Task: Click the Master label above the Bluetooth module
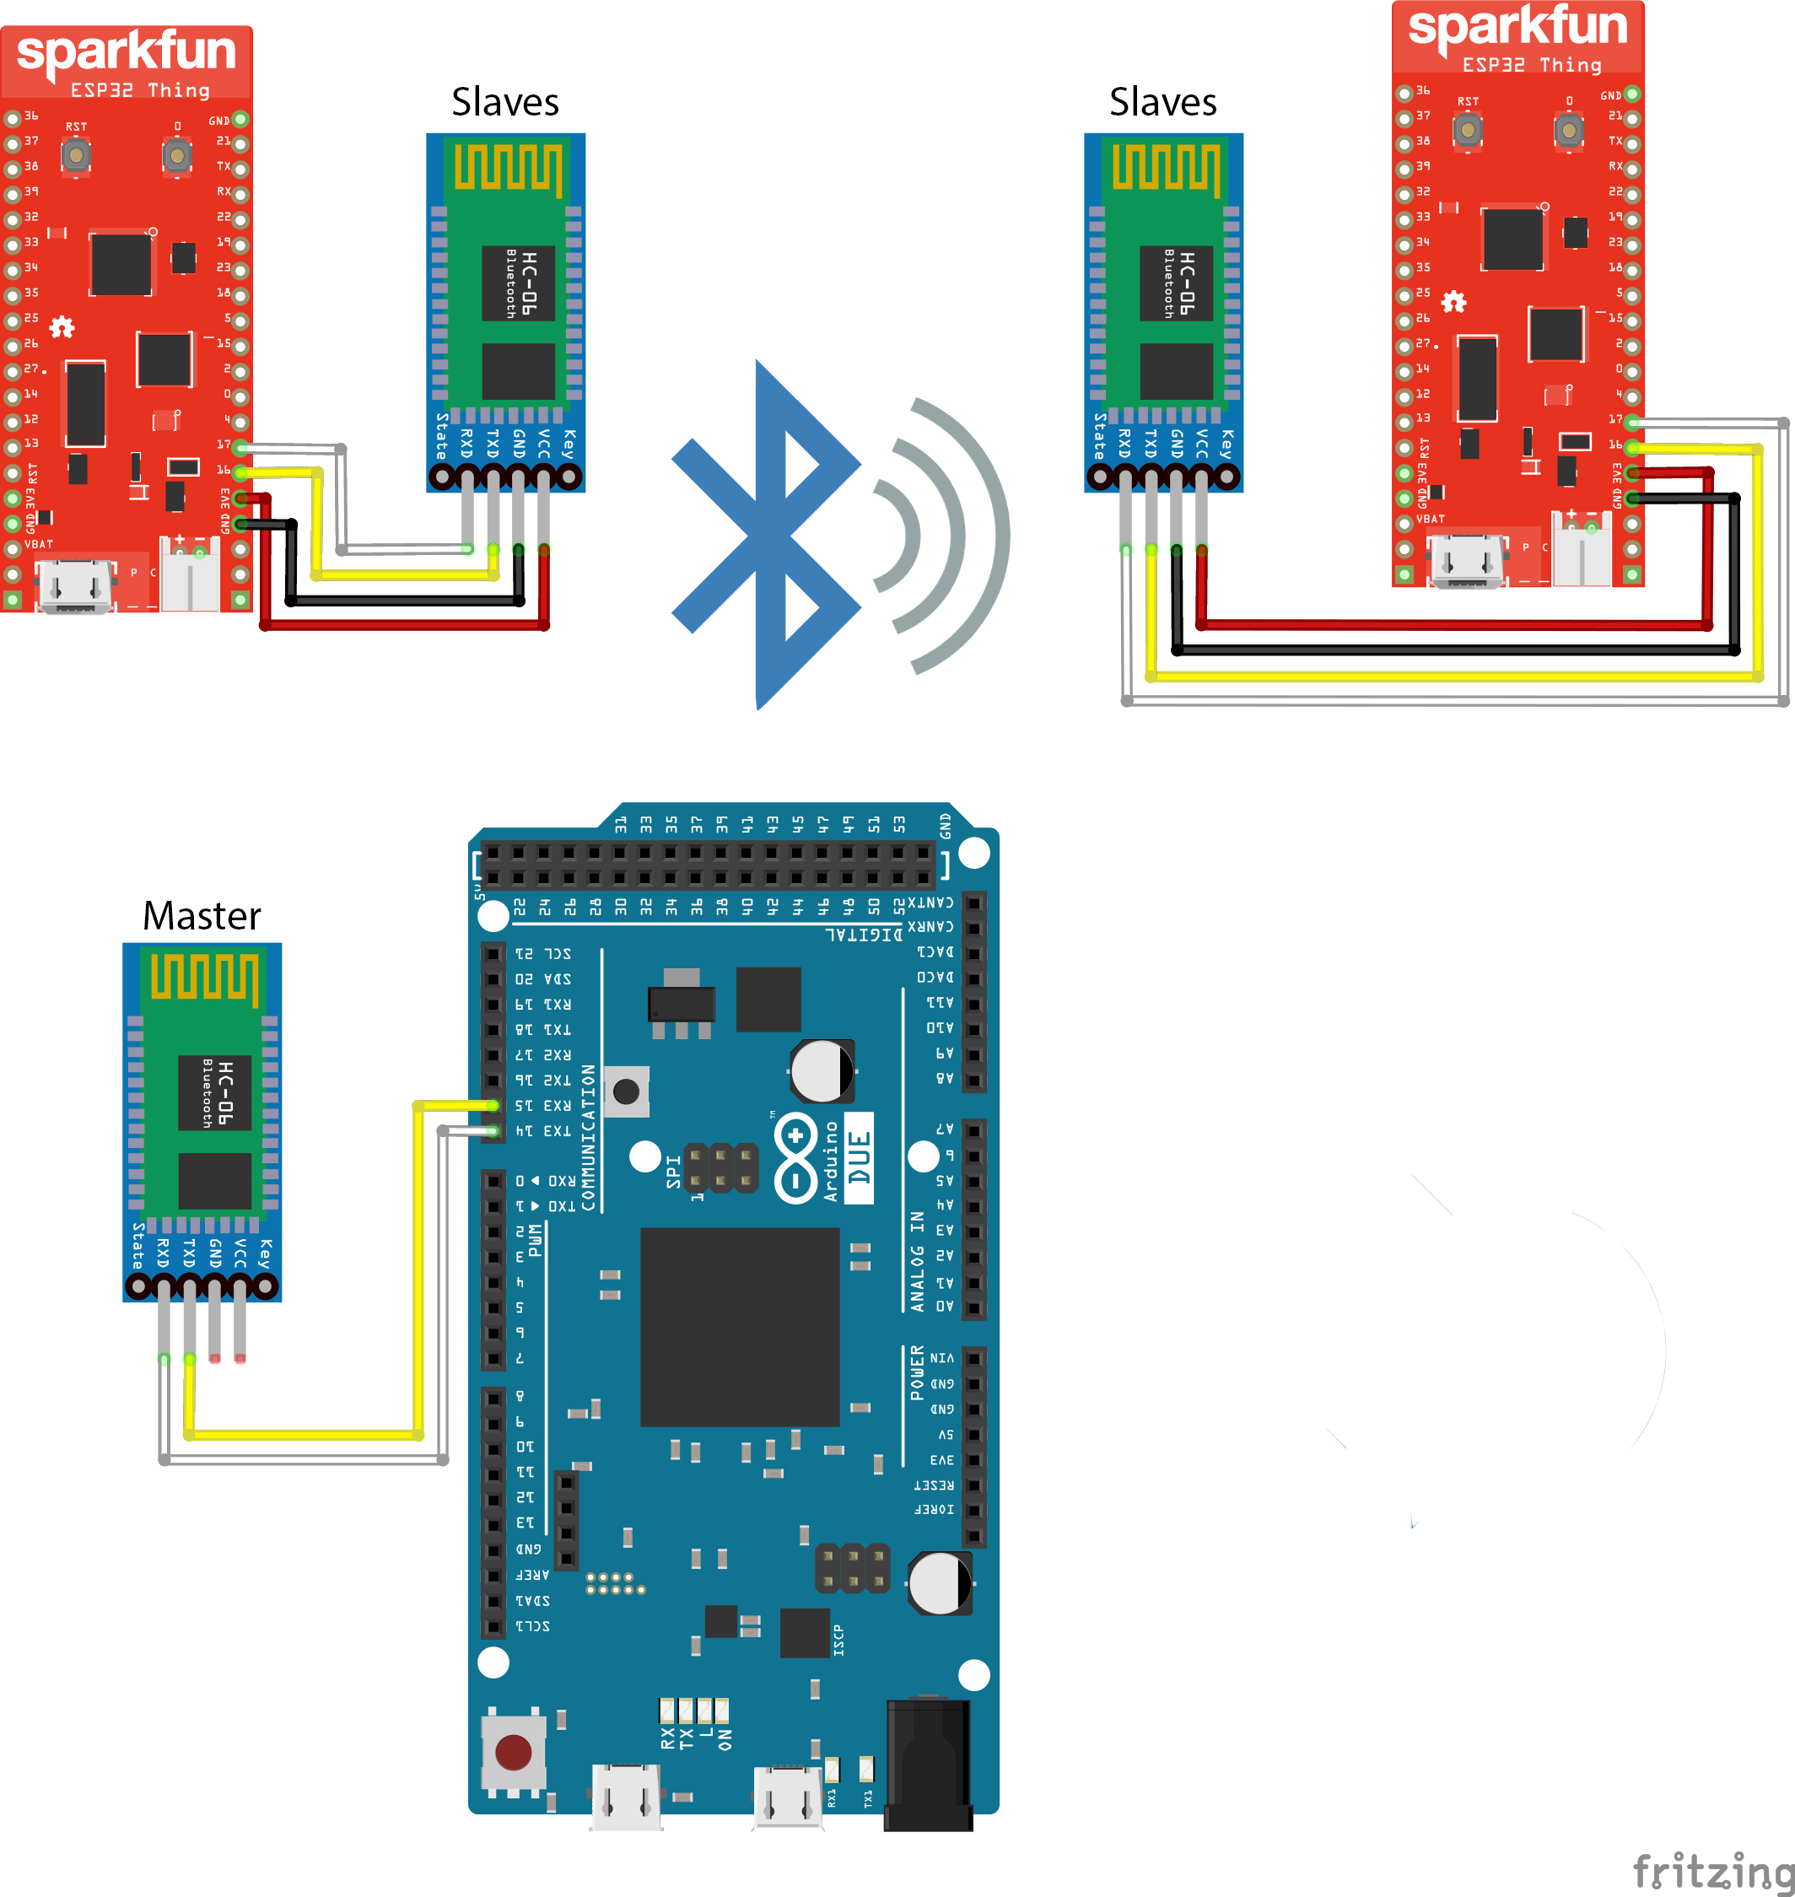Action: (201, 915)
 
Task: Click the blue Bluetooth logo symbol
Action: (765, 536)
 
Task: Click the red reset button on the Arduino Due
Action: (513, 1752)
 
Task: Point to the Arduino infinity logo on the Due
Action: (796, 1157)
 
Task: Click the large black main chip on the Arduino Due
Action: (740, 1327)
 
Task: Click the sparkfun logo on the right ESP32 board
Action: (1517, 27)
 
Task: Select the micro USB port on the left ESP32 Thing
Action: (73, 586)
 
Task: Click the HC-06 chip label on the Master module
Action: (215, 1092)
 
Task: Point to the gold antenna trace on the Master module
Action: (204, 977)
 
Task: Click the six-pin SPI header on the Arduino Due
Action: (720, 1168)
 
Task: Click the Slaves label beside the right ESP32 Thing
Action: (1162, 102)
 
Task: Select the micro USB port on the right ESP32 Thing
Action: (1465, 561)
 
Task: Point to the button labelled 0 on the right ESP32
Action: (1567, 129)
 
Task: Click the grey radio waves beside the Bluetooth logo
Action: (942, 536)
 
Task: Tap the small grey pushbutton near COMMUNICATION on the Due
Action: (627, 1091)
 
